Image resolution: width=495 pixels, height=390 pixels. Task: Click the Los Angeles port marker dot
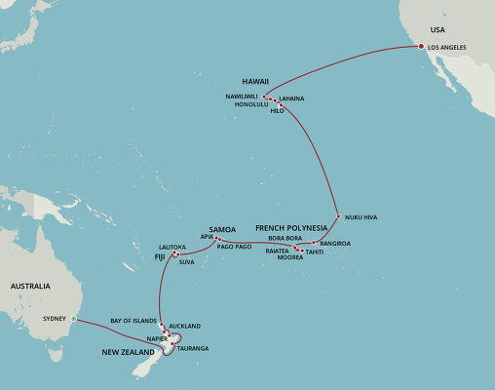(x=421, y=47)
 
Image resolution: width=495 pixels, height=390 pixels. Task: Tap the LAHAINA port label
(x=291, y=98)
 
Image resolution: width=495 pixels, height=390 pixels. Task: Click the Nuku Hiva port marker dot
(x=337, y=215)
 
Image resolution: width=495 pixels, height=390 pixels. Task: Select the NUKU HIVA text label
(x=362, y=216)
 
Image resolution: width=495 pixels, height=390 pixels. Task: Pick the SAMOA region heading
(x=223, y=230)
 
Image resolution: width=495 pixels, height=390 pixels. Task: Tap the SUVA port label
(x=187, y=261)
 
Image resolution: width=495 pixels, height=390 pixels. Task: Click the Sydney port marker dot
(x=73, y=319)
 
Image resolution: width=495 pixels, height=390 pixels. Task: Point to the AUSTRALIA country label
(x=30, y=287)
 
